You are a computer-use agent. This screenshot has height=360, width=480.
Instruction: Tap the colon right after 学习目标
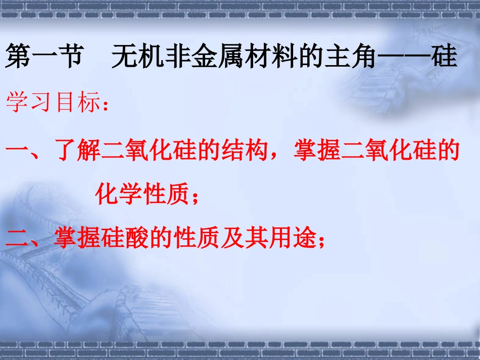104,107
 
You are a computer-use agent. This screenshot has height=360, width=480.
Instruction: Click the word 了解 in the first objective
78,152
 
